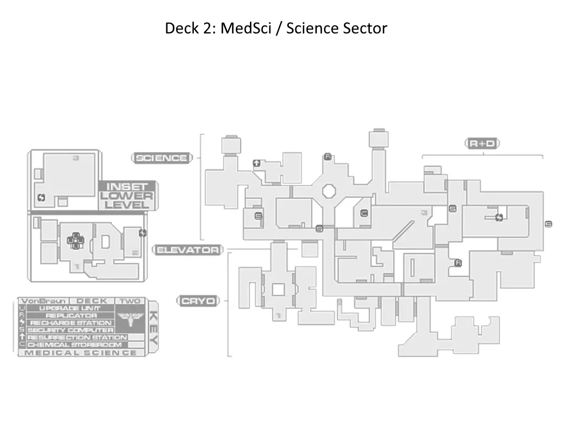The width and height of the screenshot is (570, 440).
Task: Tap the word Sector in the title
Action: (364, 28)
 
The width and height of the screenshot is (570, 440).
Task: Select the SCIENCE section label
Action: (161, 158)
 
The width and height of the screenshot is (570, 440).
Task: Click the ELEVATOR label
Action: (188, 250)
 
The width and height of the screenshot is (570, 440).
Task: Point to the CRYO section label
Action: (198, 301)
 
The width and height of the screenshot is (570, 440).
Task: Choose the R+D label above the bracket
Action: (483, 143)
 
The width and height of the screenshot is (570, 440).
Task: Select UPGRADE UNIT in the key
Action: (69, 308)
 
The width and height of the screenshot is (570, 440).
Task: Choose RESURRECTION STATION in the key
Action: (76, 337)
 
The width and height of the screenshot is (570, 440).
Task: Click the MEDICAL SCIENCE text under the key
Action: (81, 353)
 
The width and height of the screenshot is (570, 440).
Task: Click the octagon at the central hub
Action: (329, 191)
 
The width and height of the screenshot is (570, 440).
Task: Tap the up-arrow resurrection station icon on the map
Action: (256, 162)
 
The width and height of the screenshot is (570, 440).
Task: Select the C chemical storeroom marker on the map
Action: (364, 213)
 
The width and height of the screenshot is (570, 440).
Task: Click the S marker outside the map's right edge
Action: (548, 224)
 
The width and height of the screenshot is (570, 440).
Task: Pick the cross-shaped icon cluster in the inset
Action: (76, 240)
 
